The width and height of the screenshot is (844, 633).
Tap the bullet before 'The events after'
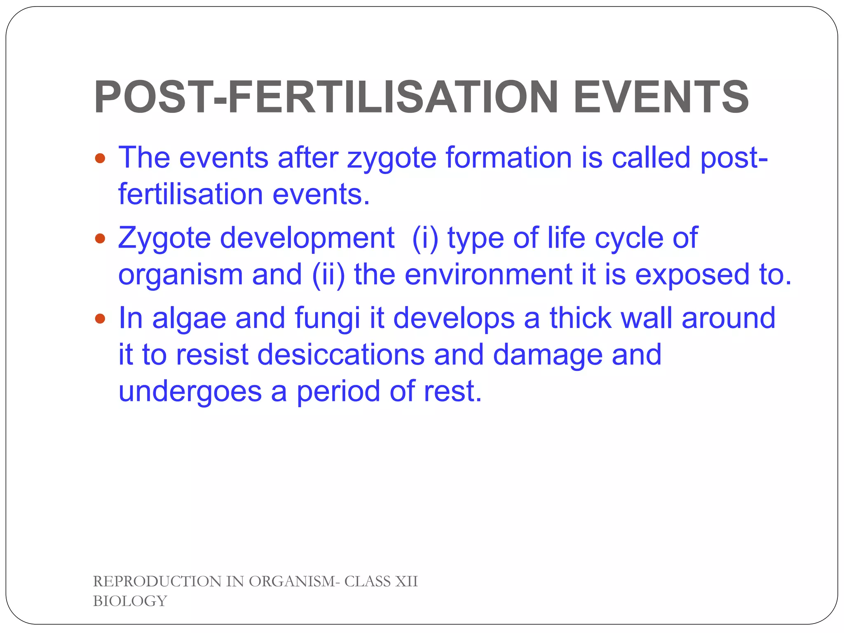(x=100, y=158)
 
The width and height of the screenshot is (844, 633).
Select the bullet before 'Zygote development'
(x=100, y=238)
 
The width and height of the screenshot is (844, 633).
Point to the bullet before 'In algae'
(x=100, y=319)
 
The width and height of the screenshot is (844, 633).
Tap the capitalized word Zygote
(x=164, y=239)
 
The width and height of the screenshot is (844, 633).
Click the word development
(x=307, y=239)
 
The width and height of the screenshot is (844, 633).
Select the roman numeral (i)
(x=424, y=238)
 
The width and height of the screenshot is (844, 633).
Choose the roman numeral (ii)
(x=328, y=275)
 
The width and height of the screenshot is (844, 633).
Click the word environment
(x=488, y=275)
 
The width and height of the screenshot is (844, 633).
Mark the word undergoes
(x=190, y=392)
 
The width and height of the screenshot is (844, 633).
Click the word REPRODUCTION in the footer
(x=157, y=581)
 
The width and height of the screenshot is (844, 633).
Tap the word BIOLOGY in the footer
(x=130, y=601)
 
